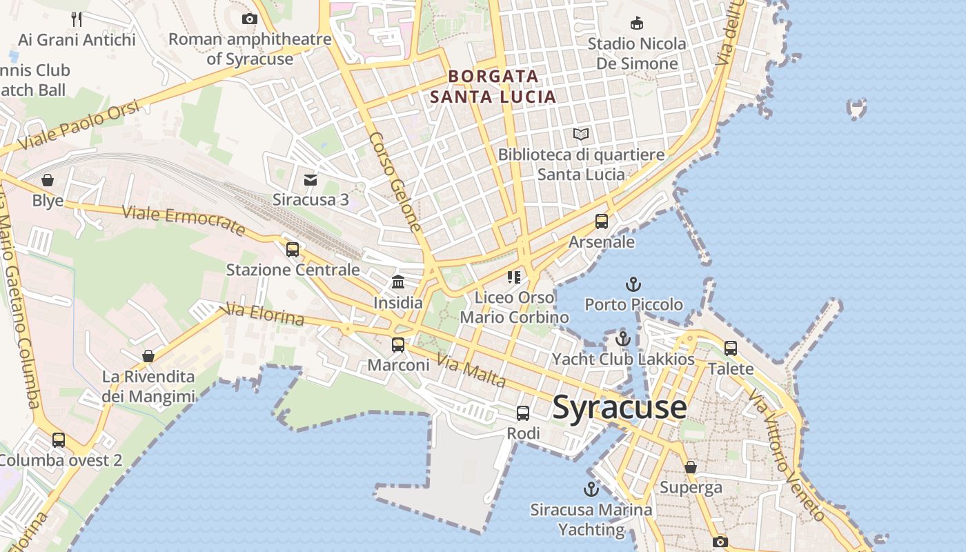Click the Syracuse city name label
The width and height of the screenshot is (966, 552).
pyautogui.click(x=620, y=407)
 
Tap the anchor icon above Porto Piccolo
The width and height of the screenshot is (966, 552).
pyautogui.click(x=633, y=284)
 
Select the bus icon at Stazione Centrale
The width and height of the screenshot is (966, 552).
pyautogui.click(x=293, y=249)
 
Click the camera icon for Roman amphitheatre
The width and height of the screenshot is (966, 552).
pyautogui.click(x=250, y=19)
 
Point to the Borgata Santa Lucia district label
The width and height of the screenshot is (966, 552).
pyautogui.click(x=493, y=86)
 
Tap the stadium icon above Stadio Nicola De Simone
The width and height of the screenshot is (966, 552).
pyautogui.click(x=637, y=23)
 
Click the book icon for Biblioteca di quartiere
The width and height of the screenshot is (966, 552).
pyautogui.click(x=581, y=134)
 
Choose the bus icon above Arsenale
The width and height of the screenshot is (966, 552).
pyautogui.click(x=602, y=221)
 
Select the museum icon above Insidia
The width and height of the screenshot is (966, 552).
pyautogui.click(x=398, y=282)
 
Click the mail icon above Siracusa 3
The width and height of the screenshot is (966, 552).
pyautogui.click(x=310, y=179)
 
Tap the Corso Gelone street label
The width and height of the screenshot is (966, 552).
pyautogui.click(x=395, y=181)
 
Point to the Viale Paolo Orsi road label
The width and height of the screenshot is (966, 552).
pyautogui.click(x=79, y=126)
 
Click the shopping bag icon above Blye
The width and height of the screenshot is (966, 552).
pyautogui.click(x=48, y=180)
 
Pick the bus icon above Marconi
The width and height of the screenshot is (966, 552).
pyautogui.click(x=398, y=344)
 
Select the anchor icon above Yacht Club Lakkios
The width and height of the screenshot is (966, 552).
pyautogui.click(x=623, y=339)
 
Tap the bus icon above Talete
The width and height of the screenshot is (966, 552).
pyautogui.click(x=731, y=348)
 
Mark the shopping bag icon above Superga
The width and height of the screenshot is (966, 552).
pyautogui.click(x=691, y=467)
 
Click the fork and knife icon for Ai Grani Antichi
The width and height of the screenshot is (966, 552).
pyautogui.click(x=77, y=19)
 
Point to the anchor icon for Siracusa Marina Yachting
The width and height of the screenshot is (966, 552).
pyautogui.click(x=591, y=489)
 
